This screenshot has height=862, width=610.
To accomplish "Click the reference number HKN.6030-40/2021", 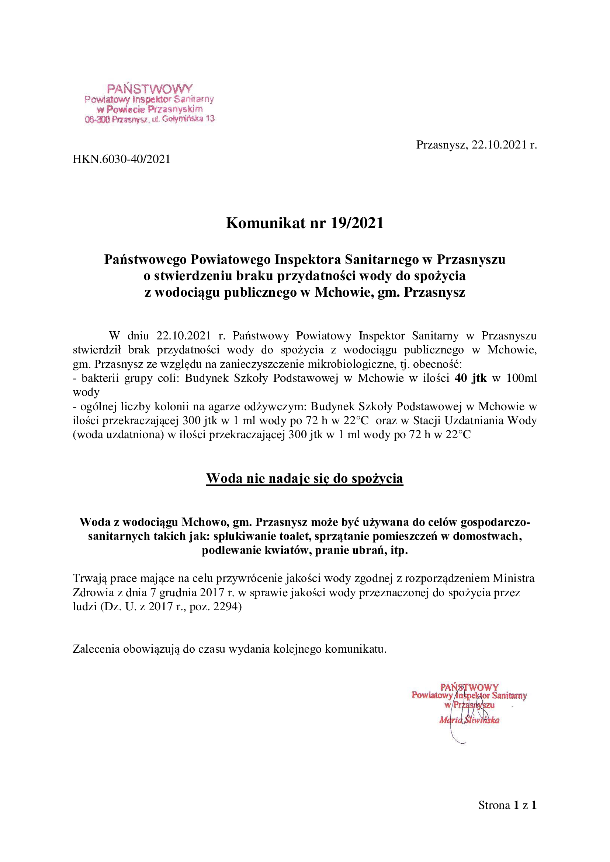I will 121,159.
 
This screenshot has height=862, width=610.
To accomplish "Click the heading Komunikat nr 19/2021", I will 305,223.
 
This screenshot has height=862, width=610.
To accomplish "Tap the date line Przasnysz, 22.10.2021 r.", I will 476,145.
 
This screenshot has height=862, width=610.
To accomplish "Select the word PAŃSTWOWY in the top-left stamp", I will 149,89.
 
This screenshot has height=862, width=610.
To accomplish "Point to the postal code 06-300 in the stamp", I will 97,120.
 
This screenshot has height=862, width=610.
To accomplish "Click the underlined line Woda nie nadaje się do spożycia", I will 305,478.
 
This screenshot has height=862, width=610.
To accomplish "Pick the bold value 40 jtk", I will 470,378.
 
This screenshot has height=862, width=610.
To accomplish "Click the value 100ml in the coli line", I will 521,378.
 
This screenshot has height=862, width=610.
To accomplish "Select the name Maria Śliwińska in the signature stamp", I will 469,720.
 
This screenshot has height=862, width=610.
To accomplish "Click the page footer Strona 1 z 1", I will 507,805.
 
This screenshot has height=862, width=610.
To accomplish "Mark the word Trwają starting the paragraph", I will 89,578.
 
